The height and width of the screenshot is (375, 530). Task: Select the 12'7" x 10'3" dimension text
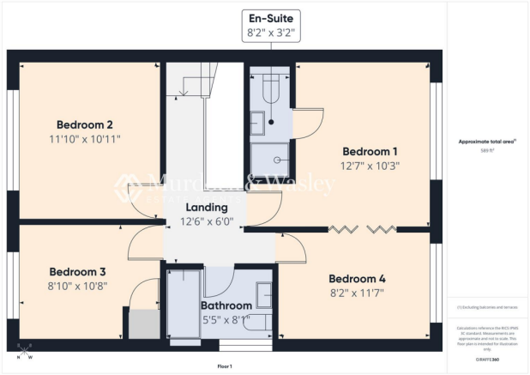click(370, 165)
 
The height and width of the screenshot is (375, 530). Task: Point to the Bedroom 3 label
click(76, 270)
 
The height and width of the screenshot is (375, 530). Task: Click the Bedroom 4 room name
click(357, 279)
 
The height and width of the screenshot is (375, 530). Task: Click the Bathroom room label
click(226, 305)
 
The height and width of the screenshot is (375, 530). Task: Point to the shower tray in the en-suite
click(270, 158)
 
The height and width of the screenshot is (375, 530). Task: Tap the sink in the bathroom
click(263, 294)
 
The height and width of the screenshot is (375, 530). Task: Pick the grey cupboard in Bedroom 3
click(142, 324)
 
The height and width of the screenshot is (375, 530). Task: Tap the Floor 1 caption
click(225, 366)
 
